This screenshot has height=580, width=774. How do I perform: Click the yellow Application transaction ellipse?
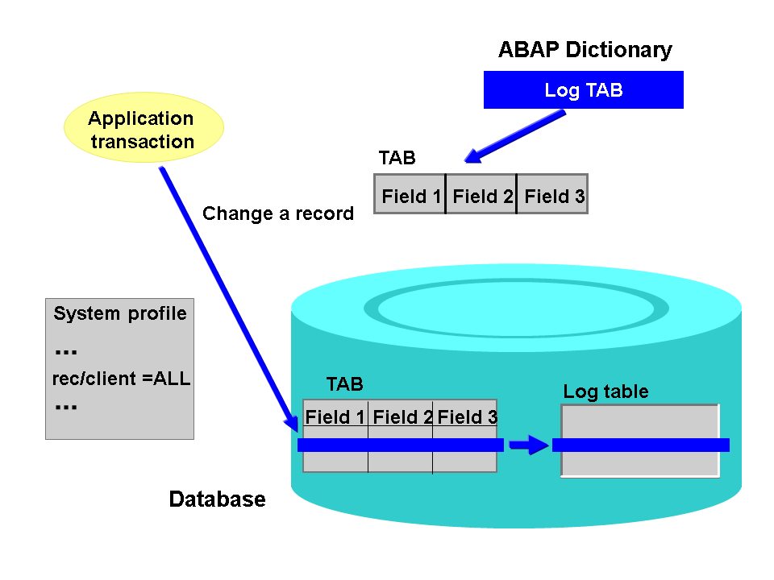(143, 130)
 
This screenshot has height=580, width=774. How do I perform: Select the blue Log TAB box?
(583, 89)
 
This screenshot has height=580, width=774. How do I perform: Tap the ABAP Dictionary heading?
(585, 50)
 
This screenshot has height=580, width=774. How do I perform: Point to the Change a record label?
(277, 213)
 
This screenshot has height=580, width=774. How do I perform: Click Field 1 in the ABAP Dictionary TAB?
(411, 196)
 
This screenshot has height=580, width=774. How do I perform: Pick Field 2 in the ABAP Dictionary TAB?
(482, 196)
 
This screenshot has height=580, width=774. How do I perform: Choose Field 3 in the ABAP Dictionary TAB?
(554, 196)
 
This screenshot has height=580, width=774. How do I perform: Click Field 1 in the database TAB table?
(335, 417)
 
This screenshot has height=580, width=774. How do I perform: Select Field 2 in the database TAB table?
(402, 417)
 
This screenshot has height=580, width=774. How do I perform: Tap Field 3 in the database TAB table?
(467, 417)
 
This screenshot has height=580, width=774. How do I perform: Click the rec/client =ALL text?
(121, 379)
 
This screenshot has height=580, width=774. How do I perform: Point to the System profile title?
(120, 313)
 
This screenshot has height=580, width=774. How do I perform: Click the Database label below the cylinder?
(217, 499)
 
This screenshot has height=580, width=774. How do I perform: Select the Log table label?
(605, 392)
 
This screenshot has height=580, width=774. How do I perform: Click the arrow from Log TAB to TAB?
(516, 135)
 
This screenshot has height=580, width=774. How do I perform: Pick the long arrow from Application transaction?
(226, 290)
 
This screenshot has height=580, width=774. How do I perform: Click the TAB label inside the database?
(344, 384)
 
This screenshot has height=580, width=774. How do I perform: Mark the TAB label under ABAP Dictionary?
(397, 158)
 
